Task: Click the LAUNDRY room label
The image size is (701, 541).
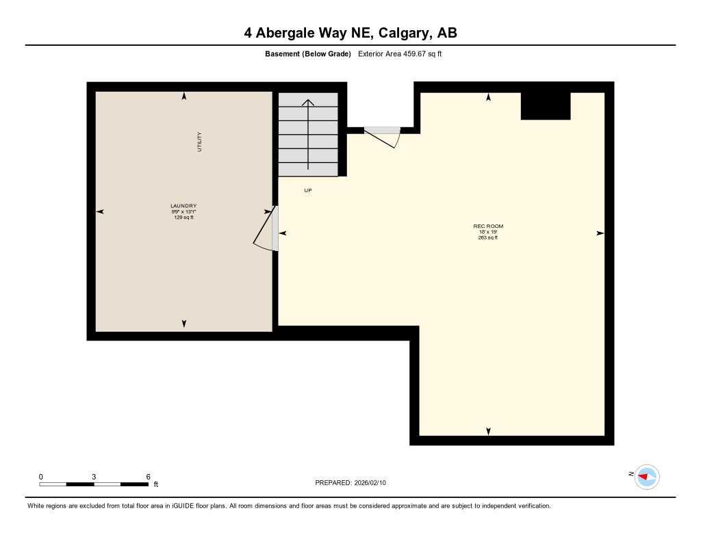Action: coord(183,206)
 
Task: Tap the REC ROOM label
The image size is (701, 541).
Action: coord(488,226)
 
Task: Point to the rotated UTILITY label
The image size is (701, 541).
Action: coord(200,142)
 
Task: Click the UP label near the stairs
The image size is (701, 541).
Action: coord(308,190)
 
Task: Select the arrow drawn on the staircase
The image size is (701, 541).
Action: coord(309,134)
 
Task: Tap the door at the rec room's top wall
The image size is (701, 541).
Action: coord(384,135)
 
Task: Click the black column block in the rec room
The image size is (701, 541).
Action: coord(546,106)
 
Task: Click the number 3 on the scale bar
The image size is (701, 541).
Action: coord(94,477)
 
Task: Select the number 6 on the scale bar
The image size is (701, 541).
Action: coord(148,477)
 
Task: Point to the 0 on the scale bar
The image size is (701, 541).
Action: coord(41,477)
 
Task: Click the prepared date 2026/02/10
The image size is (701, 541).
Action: coord(374,483)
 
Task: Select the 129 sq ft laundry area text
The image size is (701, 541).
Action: coord(183,217)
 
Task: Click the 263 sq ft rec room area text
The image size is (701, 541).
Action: coord(488,237)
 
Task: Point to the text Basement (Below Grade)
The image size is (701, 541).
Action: coord(307,54)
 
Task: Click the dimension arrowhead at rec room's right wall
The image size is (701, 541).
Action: coord(600,233)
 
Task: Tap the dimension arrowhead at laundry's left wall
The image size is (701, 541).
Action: coord(100,212)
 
